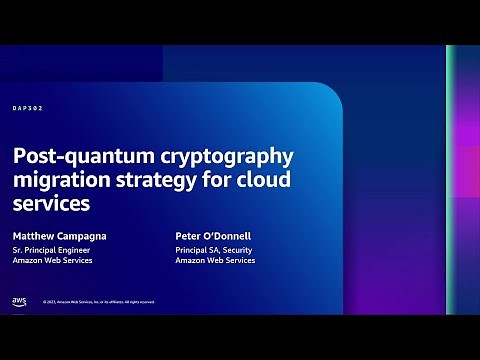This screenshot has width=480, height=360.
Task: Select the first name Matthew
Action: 36,236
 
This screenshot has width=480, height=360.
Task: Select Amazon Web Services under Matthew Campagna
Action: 53,260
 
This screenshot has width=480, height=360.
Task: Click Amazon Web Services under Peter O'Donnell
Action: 215,260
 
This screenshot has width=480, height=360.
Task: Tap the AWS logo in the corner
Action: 20,300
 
